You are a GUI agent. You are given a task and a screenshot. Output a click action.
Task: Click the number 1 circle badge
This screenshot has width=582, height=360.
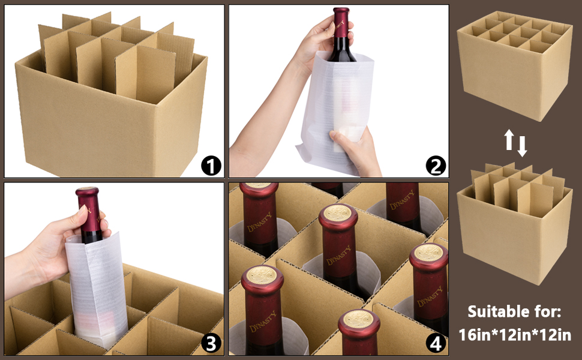pyautogui.click(x=211, y=165)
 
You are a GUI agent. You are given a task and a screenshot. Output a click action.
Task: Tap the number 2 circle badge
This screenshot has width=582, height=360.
pyautogui.click(x=436, y=165)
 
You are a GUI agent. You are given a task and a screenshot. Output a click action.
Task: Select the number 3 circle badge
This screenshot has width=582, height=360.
pyautogui.click(x=211, y=343)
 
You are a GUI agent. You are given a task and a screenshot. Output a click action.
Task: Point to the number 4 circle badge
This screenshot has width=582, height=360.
pyautogui.click(x=436, y=343)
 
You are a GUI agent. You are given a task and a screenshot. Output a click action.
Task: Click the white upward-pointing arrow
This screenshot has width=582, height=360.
pyautogui.click(x=509, y=140)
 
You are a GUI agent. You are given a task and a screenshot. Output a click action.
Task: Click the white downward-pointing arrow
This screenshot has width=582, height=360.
pyautogui.click(x=522, y=145)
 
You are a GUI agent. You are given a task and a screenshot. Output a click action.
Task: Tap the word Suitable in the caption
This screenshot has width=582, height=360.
pyautogui.click(x=497, y=312)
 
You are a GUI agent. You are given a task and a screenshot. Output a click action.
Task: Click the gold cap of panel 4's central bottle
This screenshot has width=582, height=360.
pyautogui.click(x=338, y=213)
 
